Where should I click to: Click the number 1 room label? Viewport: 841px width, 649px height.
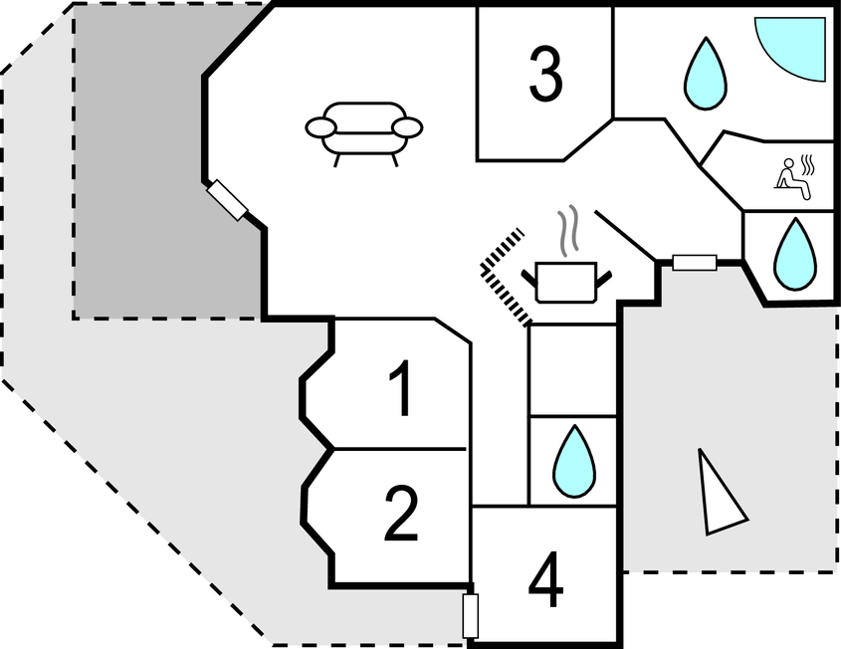[x=401, y=388]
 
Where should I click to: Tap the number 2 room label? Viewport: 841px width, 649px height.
[x=401, y=514]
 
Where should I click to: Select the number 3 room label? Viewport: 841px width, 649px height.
[x=545, y=74]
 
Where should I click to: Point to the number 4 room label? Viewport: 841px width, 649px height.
[x=545, y=579]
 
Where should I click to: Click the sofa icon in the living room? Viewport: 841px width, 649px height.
[x=363, y=133]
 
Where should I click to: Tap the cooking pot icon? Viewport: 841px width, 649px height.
[x=566, y=282]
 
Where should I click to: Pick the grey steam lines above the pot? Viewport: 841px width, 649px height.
[x=568, y=228]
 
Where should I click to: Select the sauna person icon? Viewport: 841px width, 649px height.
[x=794, y=177]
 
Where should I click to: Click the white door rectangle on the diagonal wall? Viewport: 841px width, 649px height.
[x=227, y=200]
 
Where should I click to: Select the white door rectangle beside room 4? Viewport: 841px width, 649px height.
[x=471, y=616]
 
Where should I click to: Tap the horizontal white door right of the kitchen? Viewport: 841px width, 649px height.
[x=695, y=263]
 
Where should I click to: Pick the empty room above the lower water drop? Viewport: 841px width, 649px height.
[x=573, y=370]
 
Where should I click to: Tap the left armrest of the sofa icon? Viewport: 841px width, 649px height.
[x=321, y=127]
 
